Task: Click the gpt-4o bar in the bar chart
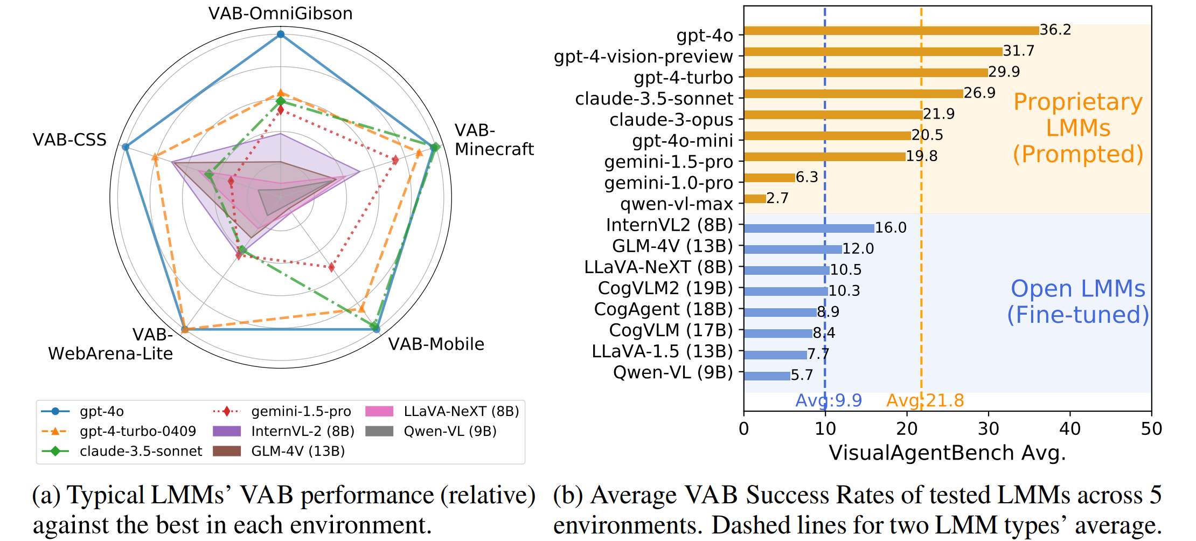pyautogui.click(x=891, y=31)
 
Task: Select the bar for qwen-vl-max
pyautogui.click(x=755, y=199)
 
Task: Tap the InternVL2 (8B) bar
pyautogui.click(x=809, y=228)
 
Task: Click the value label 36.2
pyautogui.click(x=1055, y=30)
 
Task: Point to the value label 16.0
pyautogui.click(x=890, y=228)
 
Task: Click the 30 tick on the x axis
pyautogui.click(x=988, y=429)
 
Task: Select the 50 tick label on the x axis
pyautogui.click(x=1151, y=429)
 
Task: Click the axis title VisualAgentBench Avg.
pyautogui.click(x=947, y=453)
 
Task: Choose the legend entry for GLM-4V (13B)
pyautogui.click(x=297, y=451)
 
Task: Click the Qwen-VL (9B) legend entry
pyautogui.click(x=450, y=431)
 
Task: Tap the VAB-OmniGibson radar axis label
pyautogui.click(x=280, y=13)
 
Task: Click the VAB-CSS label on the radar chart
pyautogui.click(x=69, y=140)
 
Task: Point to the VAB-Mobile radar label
pyautogui.click(x=436, y=344)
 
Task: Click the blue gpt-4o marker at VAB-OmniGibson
pyautogui.click(x=280, y=34)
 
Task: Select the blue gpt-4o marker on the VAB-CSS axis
pyautogui.click(x=126, y=147)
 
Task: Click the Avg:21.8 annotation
pyautogui.click(x=925, y=400)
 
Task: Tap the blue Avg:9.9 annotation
pyautogui.click(x=829, y=400)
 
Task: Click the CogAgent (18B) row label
pyautogui.click(x=663, y=309)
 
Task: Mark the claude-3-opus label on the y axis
pyautogui.click(x=671, y=120)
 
